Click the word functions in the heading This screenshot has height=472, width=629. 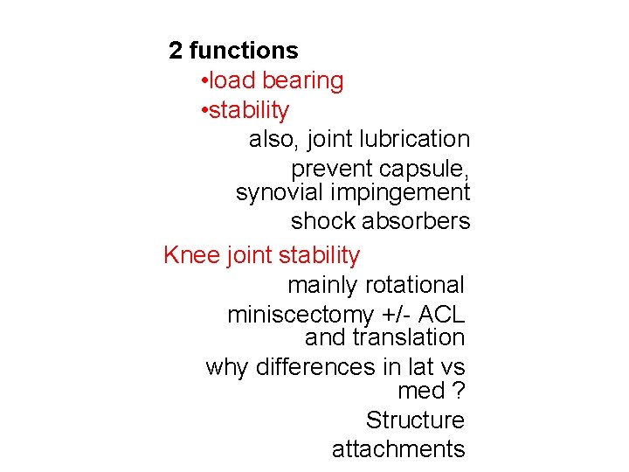pyautogui.click(x=243, y=52)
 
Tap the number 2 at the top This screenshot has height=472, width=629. pyautogui.click(x=176, y=52)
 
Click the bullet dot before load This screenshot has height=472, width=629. pyautogui.click(x=203, y=81)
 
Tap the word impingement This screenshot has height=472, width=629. pyautogui.click(x=399, y=192)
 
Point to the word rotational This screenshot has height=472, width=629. pyautogui.click(x=415, y=285)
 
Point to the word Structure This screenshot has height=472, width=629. pyautogui.click(x=415, y=420)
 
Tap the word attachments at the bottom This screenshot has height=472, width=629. pyautogui.click(x=398, y=449)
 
